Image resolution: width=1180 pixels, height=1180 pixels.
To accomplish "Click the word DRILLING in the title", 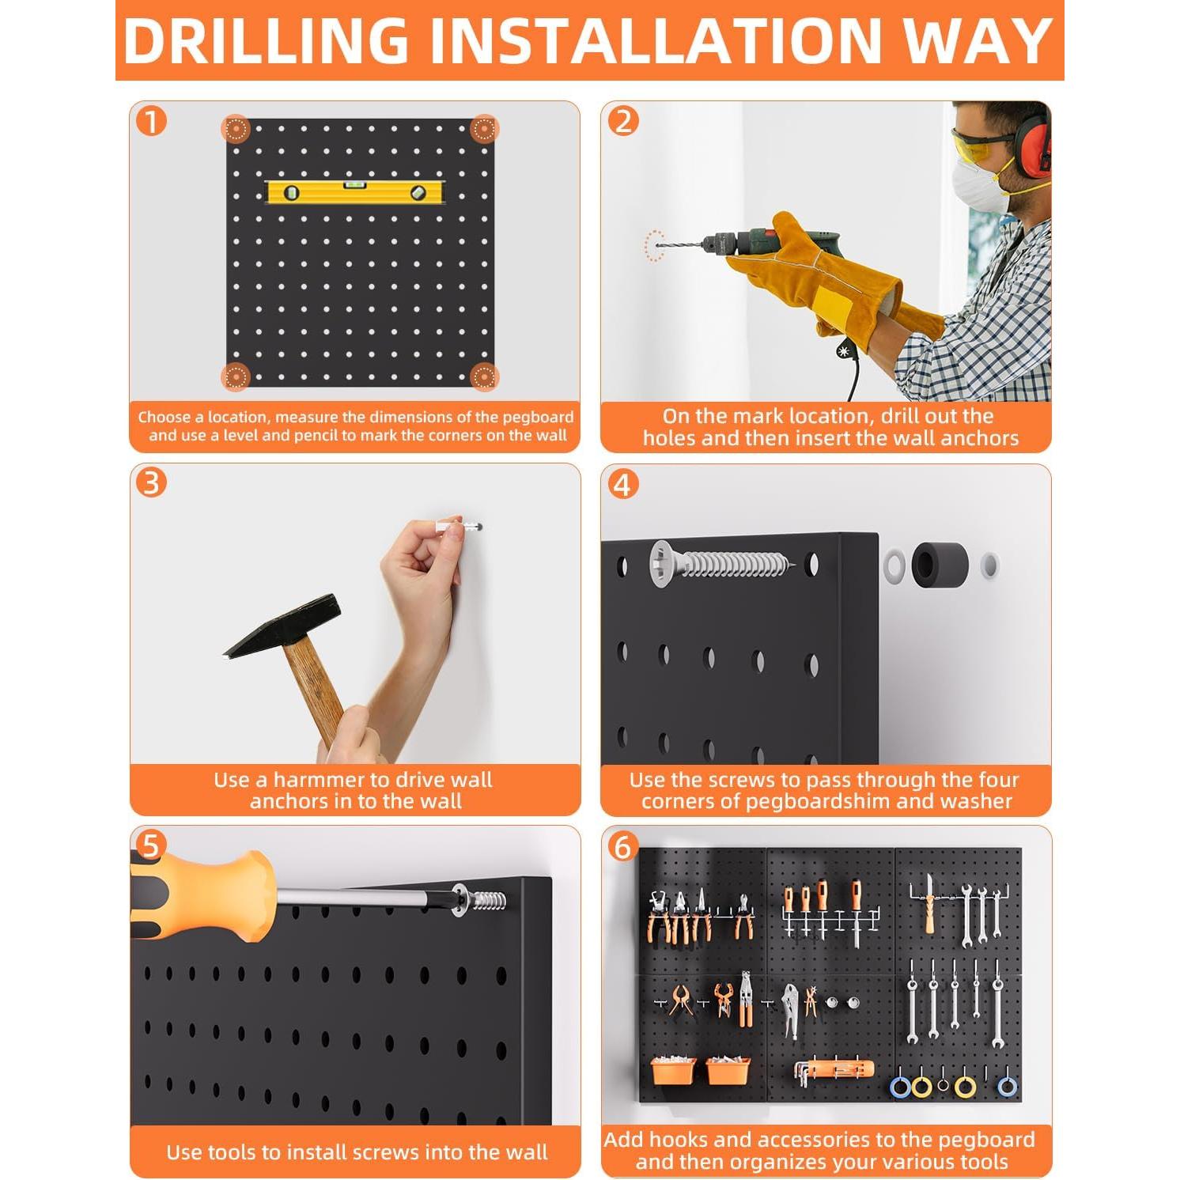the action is point(266,40).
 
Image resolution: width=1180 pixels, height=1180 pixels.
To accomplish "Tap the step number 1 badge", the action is point(151,122).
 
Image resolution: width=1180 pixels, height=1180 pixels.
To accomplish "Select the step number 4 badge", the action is point(622,485).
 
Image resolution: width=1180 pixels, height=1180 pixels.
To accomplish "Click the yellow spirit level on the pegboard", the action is point(356,192).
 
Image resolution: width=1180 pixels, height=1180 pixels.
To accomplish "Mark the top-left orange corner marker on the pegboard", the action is point(236,129).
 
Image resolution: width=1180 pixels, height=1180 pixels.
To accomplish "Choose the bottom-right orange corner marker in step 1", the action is point(484,377).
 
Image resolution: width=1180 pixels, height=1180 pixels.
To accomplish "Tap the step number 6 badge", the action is point(622,847).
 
